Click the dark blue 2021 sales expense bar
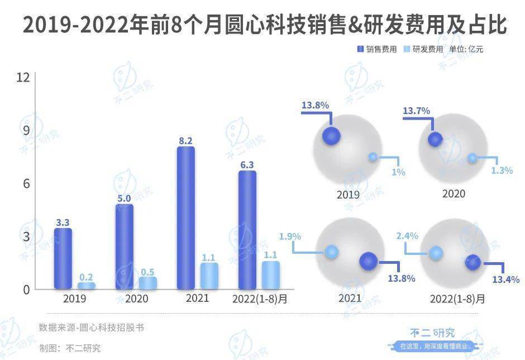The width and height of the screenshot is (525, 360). coord(185,218)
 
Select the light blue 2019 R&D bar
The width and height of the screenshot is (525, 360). coord(86,286)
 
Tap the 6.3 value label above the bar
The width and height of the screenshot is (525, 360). coord(246,164)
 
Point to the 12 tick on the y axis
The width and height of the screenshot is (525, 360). coord(22,78)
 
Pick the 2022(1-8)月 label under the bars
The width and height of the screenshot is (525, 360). coord(259,299)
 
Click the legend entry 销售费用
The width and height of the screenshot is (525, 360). coord(377,49)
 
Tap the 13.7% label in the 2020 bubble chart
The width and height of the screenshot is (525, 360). coord(416,111)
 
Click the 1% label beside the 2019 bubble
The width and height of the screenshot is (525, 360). coord(398,172)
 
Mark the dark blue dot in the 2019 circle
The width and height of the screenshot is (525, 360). coord(331,135)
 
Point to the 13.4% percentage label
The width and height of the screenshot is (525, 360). coord(506,278)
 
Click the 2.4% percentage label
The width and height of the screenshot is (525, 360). coord(407,236)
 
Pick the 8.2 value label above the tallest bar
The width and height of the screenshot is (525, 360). coord(185,141)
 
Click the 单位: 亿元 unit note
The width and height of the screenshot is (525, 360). coord(466,49)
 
